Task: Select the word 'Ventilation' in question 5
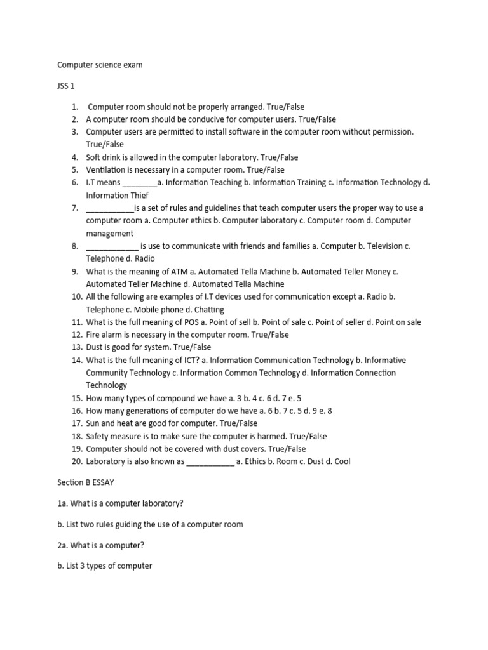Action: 107,170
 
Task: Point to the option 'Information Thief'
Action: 117,196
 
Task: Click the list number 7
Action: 74,208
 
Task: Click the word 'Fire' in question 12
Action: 93,335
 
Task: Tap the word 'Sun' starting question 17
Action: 93,423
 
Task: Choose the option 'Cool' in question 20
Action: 341,461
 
